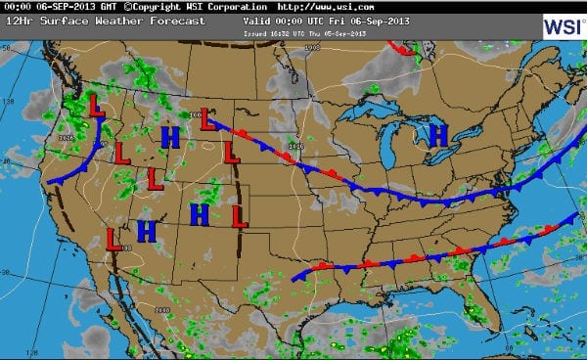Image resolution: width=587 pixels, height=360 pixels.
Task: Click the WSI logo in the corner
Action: tap(562, 26)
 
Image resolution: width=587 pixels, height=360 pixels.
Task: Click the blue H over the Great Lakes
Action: tap(436, 136)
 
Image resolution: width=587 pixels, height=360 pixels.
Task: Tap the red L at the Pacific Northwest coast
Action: tap(97, 105)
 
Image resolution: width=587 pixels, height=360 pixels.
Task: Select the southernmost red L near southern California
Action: tap(113, 238)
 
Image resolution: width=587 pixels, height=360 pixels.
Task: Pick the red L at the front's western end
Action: tap(207, 119)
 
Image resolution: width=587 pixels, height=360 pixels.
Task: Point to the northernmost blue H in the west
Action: tap(170, 137)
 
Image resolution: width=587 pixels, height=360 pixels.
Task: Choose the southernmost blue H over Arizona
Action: tap(147, 231)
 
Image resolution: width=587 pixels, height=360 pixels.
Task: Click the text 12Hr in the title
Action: tap(17, 21)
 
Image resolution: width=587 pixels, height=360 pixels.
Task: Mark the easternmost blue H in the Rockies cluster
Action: tap(201, 214)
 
